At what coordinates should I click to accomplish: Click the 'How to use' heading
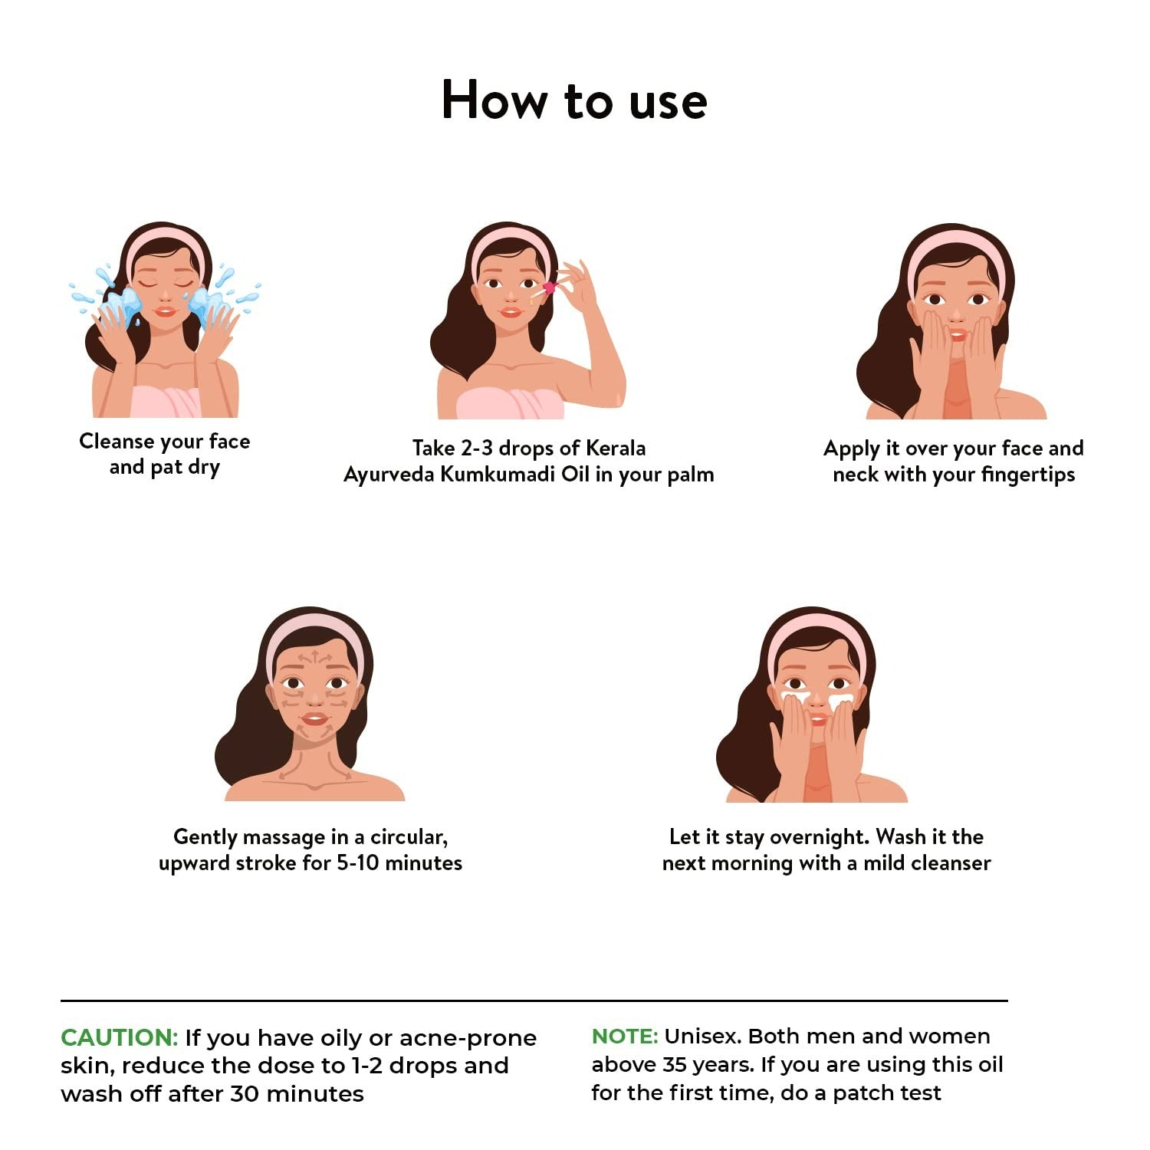click(x=574, y=100)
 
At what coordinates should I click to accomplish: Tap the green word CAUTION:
click(x=120, y=1037)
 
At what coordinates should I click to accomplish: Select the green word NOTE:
click(x=625, y=1036)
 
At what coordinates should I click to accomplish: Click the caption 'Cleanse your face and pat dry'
click(x=165, y=454)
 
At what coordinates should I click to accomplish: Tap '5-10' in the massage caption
click(x=358, y=863)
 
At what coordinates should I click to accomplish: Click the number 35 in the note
click(x=675, y=1065)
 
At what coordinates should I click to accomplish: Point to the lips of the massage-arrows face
click(x=314, y=719)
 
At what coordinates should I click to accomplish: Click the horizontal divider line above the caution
click(x=534, y=1001)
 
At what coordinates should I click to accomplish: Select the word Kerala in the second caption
click(x=616, y=448)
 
